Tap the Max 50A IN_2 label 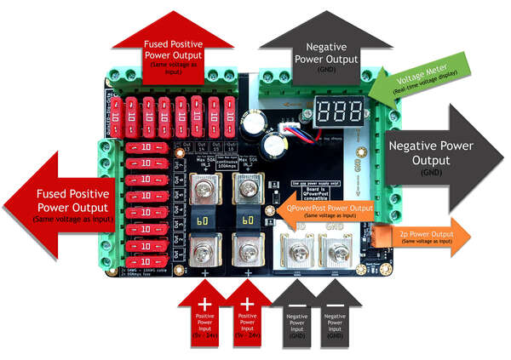pyautogui.click(x=250, y=162)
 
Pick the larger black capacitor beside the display pyautogui.click(x=251, y=125)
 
